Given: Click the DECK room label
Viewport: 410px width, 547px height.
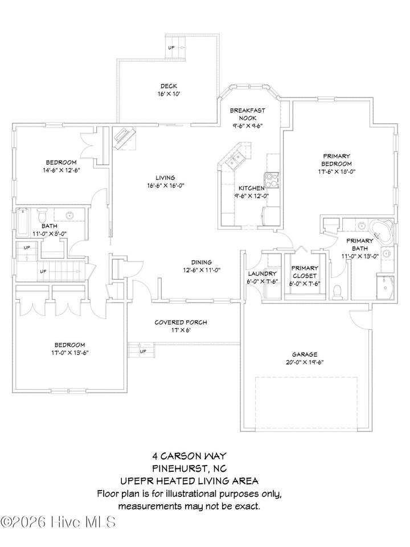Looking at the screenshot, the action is point(169,86).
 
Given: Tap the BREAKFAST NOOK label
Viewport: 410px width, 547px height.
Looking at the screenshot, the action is point(248,114).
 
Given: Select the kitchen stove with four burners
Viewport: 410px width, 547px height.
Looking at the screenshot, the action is point(272,181).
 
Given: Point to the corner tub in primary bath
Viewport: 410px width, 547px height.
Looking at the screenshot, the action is point(382,231).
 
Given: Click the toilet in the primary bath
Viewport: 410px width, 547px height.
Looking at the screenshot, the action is point(337,292).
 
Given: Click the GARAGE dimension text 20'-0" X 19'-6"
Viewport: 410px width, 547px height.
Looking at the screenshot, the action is point(305,362).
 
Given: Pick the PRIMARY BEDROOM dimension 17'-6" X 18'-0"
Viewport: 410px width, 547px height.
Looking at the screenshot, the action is point(336,172).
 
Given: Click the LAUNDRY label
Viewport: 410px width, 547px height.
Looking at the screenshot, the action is point(262,274).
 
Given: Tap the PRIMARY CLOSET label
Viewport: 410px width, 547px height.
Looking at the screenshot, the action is point(305,272).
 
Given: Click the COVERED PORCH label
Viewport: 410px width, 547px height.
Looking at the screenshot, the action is point(181,323).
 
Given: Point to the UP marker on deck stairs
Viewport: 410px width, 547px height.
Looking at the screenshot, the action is point(171,47).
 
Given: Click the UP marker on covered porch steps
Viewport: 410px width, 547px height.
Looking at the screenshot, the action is point(142,352).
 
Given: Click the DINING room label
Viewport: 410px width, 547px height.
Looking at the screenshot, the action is point(201,262).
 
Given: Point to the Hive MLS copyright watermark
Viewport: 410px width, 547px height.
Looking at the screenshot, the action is point(58,522).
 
